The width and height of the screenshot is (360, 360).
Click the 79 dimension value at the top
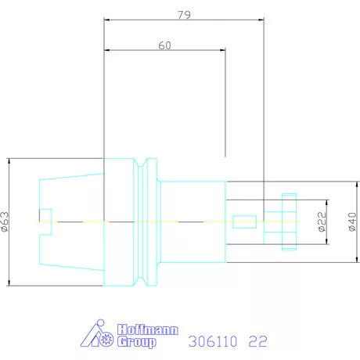point(184,14)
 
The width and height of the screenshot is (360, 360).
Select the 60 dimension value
point(164,45)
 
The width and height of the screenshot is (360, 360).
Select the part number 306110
point(213,342)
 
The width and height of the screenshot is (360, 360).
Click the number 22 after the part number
point(257,342)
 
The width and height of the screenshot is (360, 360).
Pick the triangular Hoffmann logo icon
point(99,335)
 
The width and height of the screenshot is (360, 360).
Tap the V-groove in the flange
point(142,221)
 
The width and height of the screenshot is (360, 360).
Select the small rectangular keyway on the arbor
point(244,221)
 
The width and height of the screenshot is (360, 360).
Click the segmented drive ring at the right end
point(290,221)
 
